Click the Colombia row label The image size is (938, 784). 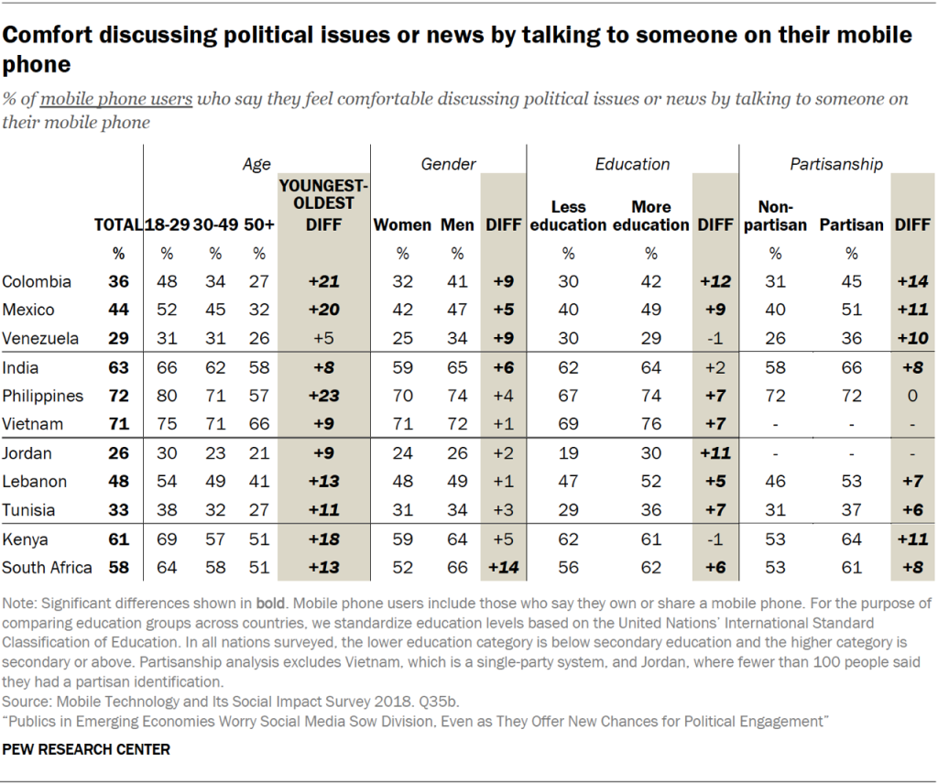pos(37,281)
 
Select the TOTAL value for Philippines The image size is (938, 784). pos(117,396)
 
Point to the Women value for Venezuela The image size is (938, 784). pos(403,338)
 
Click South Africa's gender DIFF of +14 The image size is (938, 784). pos(503,567)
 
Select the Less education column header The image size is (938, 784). pos(568,215)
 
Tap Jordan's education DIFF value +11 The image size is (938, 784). pos(715,452)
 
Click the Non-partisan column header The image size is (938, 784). pos(776,215)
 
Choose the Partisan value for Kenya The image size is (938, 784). pos(851,539)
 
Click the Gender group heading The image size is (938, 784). pos(448,164)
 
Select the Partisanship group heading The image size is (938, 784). pos(836,164)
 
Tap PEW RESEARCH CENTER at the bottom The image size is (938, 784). pos(87,749)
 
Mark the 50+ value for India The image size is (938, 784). pos(259,367)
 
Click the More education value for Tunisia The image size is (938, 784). pos(651,509)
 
